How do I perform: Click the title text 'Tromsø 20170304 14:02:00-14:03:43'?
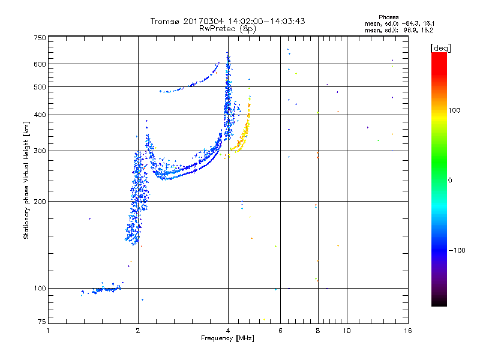(227, 21)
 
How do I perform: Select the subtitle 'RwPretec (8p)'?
(227, 28)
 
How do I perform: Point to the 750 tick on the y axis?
(40, 37)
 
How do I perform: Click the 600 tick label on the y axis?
(40, 64)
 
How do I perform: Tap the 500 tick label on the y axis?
(40, 87)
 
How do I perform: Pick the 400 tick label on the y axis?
(40, 115)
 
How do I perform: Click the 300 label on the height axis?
(40, 151)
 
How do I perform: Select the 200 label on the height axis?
(40, 201)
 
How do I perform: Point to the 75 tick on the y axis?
(41, 323)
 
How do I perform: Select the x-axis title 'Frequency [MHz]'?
(227, 339)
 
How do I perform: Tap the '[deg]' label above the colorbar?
(440, 47)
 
